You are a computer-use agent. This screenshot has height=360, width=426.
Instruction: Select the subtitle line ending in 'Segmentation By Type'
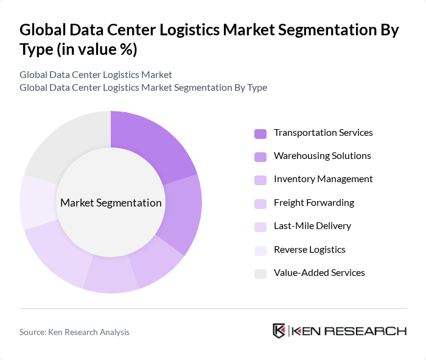[x=143, y=87]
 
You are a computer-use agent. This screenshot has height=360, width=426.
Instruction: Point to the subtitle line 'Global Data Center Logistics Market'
[x=96, y=74]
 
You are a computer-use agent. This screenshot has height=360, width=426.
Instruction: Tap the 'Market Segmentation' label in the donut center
[x=111, y=203]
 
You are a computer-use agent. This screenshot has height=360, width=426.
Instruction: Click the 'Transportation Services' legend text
[x=323, y=133]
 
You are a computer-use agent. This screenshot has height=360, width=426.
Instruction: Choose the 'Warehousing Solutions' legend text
[x=322, y=156]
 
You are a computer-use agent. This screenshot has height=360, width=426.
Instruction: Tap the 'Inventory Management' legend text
[x=323, y=179]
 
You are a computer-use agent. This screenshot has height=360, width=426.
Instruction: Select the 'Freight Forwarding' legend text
[x=314, y=203]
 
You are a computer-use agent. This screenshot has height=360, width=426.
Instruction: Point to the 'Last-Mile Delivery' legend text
[x=312, y=226]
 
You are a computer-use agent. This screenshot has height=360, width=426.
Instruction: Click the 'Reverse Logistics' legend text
[x=309, y=249]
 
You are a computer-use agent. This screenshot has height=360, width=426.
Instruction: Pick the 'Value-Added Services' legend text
[x=319, y=273]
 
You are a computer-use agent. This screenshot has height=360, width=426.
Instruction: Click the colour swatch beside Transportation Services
[x=260, y=133]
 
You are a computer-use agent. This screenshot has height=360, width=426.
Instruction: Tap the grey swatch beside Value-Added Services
[x=260, y=274]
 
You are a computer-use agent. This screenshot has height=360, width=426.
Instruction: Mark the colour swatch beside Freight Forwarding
[x=260, y=203]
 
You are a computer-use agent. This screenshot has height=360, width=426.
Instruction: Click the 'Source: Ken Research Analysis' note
[x=74, y=332]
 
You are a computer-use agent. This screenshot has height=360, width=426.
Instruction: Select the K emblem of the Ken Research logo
[x=279, y=331]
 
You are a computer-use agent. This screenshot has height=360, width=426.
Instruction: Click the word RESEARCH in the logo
[x=372, y=331]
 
